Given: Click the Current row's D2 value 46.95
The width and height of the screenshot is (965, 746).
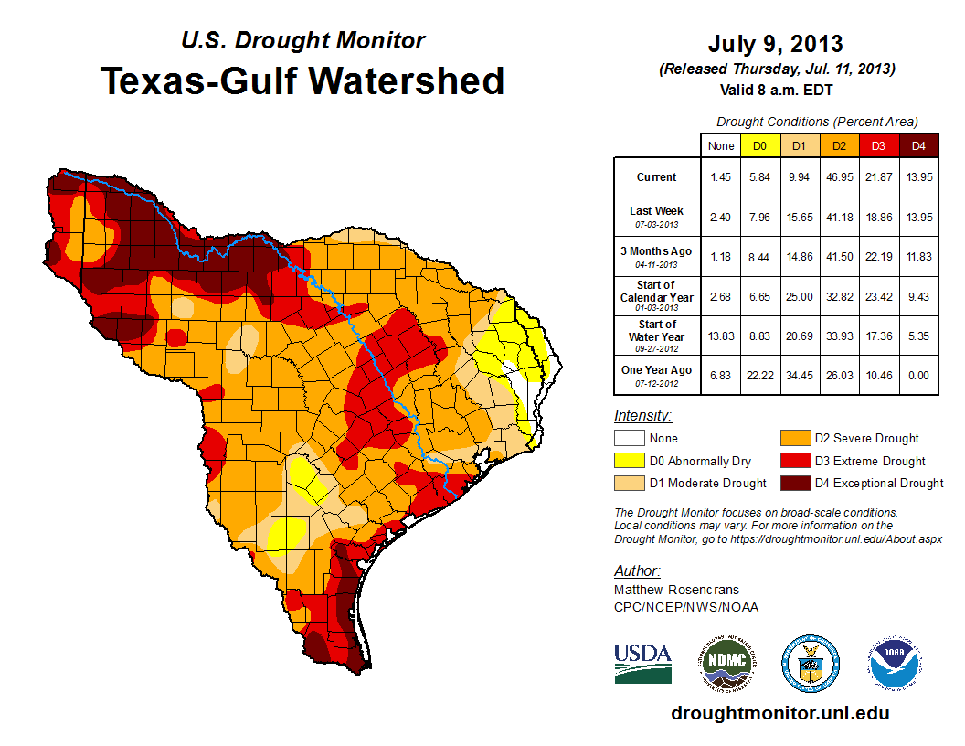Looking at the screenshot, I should [838, 176].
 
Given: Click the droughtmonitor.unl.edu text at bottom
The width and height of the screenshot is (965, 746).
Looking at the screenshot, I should [779, 713].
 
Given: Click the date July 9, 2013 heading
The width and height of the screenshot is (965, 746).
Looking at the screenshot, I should [775, 44].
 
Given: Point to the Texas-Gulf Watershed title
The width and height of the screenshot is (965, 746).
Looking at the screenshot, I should [302, 80].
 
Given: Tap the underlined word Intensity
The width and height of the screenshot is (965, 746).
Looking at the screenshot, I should [642, 416].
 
